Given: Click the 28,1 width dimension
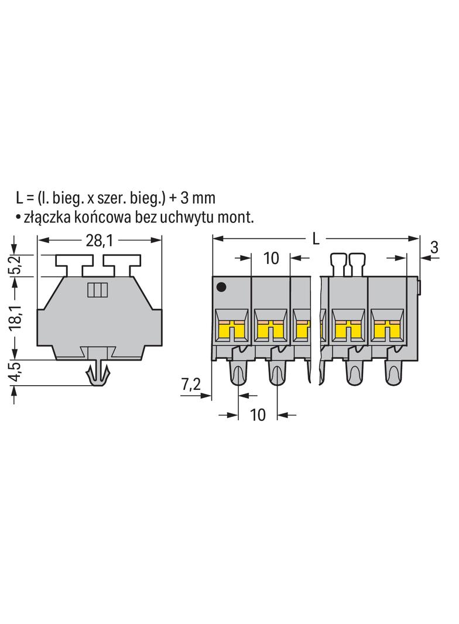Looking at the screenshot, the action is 100,241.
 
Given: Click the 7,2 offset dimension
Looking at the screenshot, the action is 191,385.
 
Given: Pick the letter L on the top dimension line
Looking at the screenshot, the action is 316,239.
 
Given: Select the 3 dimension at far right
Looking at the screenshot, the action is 434,248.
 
